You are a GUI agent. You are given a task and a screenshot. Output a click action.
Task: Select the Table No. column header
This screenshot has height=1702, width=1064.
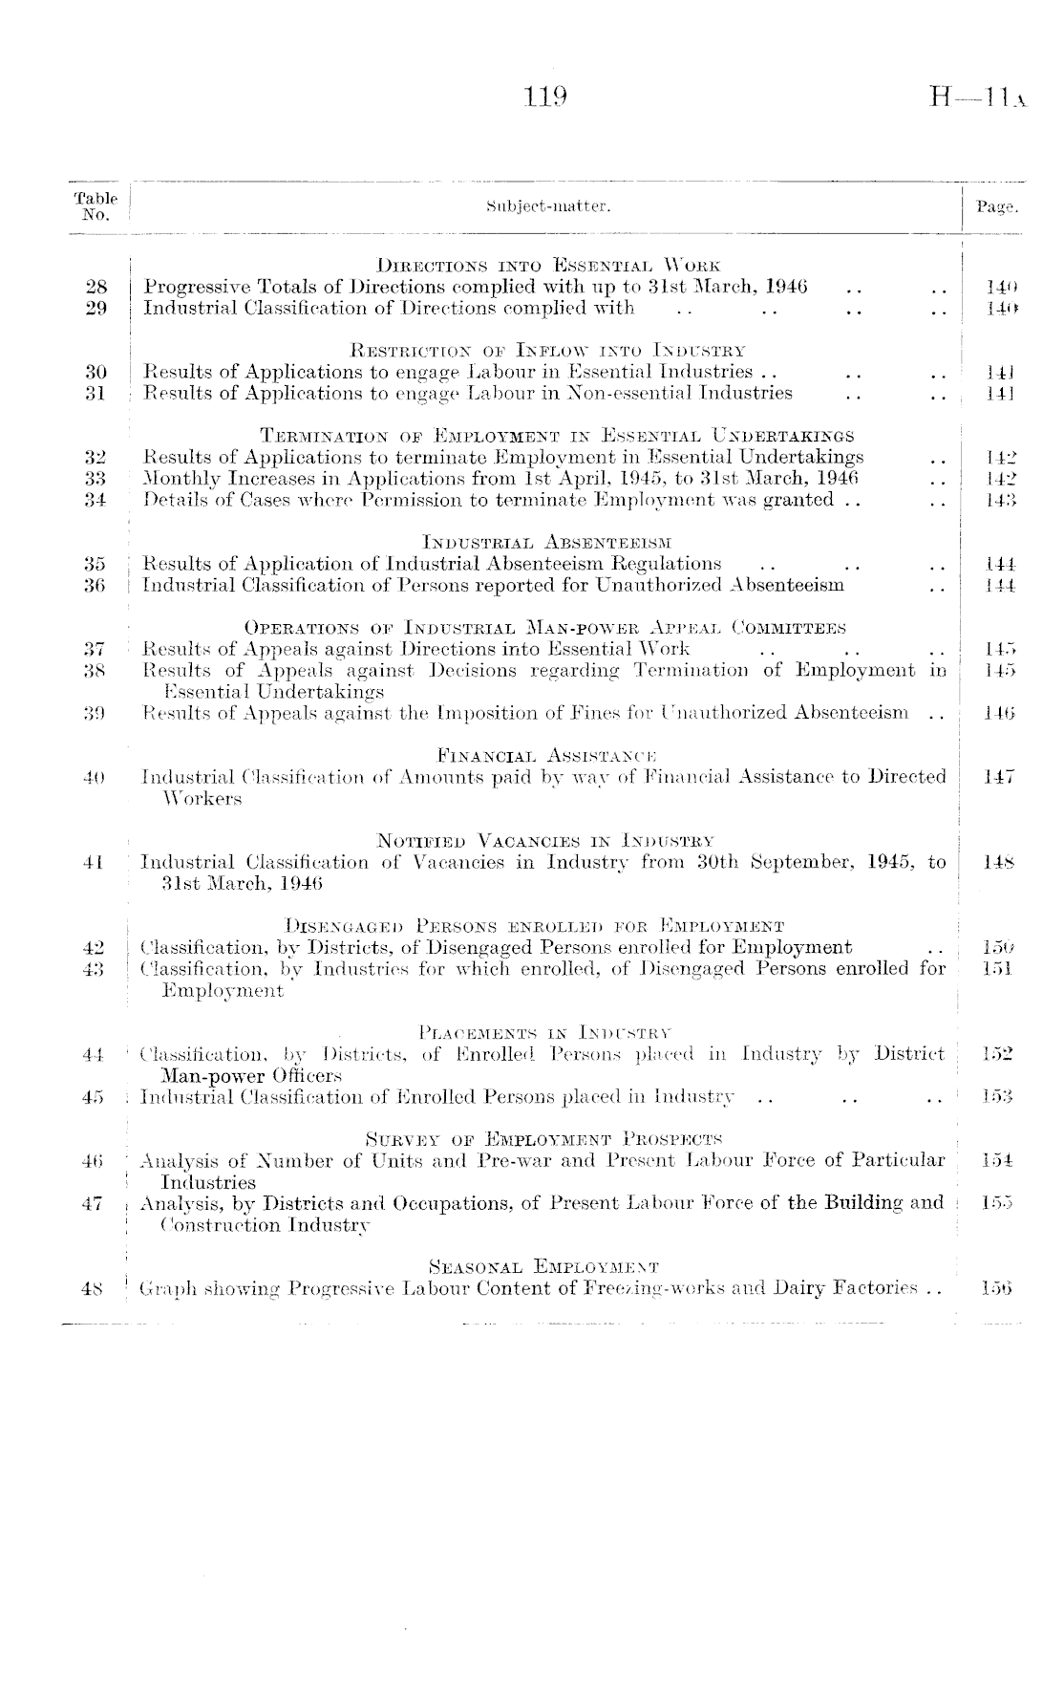pyautogui.click(x=96, y=205)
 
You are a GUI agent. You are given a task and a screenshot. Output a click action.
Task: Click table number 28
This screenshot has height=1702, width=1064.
pyautogui.click(x=95, y=286)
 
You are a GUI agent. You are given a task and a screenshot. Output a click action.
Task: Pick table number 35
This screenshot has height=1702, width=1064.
pyautogui.click(x=95, y=564)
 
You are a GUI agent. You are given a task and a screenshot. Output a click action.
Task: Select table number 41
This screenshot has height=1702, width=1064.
pyautogui.click(x=95, y=862)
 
